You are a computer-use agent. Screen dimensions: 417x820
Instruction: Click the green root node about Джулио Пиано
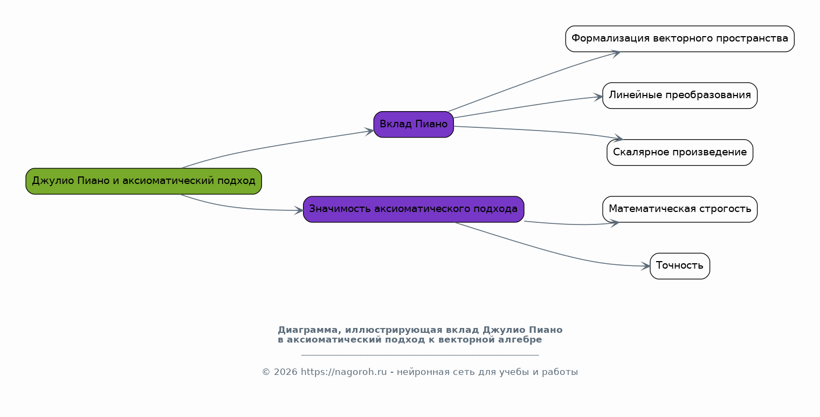coord(143,181)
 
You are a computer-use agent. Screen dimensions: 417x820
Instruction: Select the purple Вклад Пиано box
coord(414,124)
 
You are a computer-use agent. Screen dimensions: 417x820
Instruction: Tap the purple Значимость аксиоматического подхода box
coord(414,209)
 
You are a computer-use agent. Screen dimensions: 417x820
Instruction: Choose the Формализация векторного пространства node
coord(679,39)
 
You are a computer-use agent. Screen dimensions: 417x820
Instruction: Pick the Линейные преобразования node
coord(679,95)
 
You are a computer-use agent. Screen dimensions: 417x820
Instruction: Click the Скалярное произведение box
coord(679,152)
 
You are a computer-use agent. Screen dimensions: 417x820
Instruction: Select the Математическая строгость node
coord(679,209)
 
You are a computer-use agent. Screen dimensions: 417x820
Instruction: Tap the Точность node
coord(679,266)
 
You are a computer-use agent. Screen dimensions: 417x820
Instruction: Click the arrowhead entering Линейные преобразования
coord(598,97)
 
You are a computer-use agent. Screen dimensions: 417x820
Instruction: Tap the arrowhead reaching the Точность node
coord(646,266)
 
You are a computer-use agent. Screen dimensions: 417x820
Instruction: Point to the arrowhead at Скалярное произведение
coord(618,139)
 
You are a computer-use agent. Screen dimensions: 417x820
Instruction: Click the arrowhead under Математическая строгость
coord(614,222)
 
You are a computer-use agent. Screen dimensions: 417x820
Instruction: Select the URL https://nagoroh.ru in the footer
coord(343,372)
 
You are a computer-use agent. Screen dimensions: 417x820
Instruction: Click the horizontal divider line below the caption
coord(419,355)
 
